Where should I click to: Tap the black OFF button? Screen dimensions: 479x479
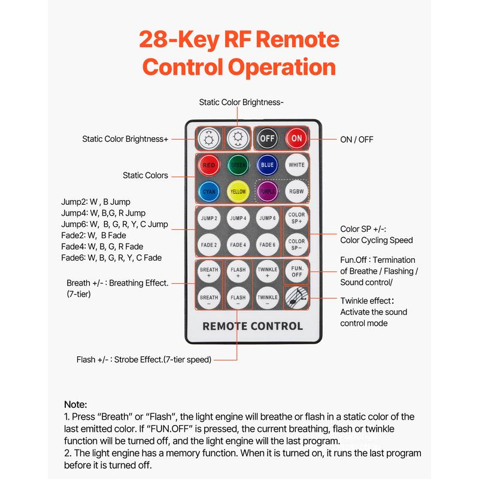click(268, 139)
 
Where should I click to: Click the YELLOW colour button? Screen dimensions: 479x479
click(238, 192)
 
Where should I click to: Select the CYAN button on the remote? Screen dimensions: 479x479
click(209, 192)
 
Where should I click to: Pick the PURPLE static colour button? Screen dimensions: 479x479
click(268, 192)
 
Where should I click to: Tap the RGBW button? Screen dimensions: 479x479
click(296, 192)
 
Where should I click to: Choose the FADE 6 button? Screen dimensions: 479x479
click(268, 244)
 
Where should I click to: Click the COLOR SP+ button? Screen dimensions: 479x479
click(296, 218)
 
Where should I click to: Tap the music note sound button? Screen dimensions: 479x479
click(296, 297)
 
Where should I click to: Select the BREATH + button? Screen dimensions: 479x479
click(209, 271)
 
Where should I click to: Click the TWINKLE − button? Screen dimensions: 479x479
click(268, 297)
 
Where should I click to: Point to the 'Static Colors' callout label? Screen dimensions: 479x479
click(145, 175)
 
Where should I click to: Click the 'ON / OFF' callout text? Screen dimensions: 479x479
click(357, 139)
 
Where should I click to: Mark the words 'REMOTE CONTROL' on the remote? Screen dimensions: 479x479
click(253, 326)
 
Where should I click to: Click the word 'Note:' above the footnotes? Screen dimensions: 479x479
click(75, 405)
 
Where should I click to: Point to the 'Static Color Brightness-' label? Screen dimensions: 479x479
click(241, 102)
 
